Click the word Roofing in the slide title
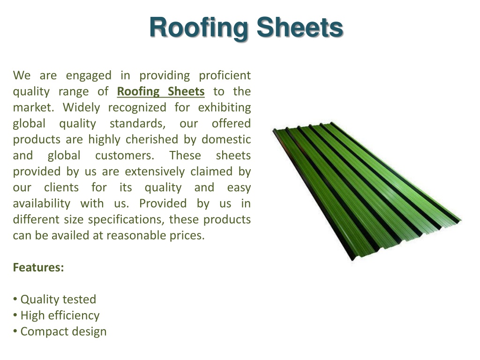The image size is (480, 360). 199,28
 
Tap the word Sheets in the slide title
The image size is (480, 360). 300,28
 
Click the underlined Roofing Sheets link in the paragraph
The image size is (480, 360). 161,91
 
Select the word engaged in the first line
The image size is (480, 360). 89,76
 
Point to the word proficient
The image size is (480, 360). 225,76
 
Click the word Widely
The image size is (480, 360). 82,108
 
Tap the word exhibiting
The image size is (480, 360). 225,108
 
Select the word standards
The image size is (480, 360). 137,124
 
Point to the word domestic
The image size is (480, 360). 226,140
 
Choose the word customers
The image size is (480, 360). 125,156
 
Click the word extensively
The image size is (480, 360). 155,172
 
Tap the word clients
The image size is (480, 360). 61,187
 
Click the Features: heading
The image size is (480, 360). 38,268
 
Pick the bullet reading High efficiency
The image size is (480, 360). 56,315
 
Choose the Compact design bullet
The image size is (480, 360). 60,331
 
